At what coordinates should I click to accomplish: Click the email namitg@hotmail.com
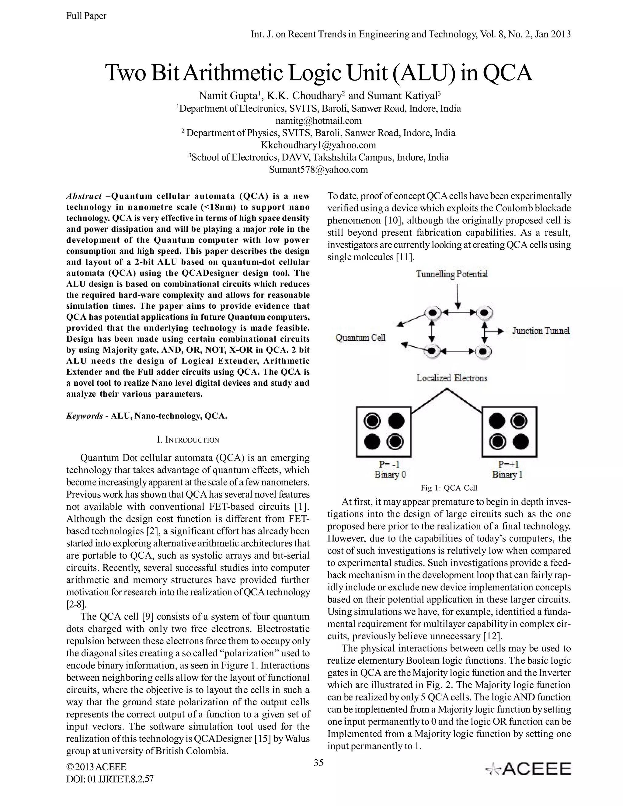(x=318, y=121)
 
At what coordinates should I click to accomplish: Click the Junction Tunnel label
(x=541, y=330)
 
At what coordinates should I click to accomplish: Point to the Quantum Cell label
(x=360, y=337)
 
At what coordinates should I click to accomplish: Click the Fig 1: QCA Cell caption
(x=449, y=488)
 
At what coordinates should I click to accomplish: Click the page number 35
(x=318, y=763)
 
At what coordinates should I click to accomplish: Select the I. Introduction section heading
(x=188, y=439)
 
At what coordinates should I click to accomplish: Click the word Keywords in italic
(x=85, y=416)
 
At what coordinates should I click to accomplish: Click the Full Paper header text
(x=86, y=16)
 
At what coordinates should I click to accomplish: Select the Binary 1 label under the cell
(x=507, y=474)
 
